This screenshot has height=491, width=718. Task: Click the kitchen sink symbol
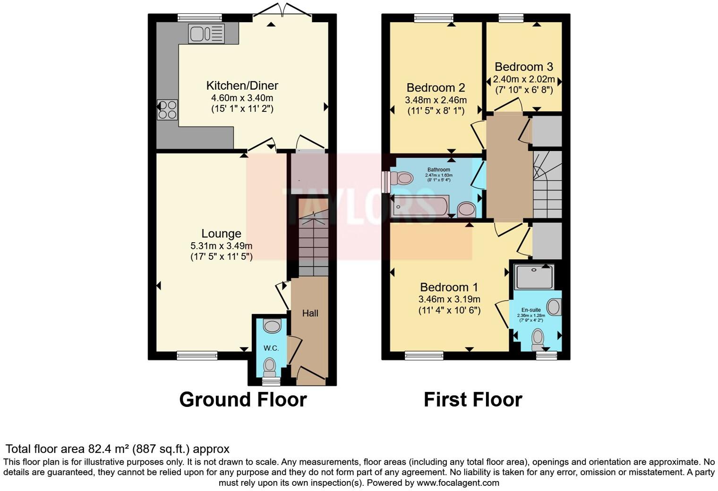pos(206,34)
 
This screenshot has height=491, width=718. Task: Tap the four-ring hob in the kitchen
pos(167,110)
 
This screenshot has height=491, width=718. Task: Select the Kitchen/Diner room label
pos(242,85)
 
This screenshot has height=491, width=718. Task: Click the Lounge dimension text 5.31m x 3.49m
pos(221,246)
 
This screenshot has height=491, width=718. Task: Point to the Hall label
pos(310,313)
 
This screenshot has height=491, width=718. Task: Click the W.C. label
pos(271,348)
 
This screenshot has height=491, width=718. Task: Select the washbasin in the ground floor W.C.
pos(272,325)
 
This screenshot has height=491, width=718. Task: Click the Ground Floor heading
pos(243,399)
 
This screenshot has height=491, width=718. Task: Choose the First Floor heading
pos(472,399)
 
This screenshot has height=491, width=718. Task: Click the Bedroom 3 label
pos(523,67)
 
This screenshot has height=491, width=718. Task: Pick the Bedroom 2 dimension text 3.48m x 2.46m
pos(436,100)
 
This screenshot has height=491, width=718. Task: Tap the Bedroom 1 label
pos(449,287)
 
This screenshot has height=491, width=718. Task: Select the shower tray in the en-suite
pos(534,277)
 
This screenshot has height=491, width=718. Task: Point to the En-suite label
pos(531,310)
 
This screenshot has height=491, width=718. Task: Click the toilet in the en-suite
pos(538,337)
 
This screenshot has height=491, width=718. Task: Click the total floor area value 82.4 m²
pos(109,449)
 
